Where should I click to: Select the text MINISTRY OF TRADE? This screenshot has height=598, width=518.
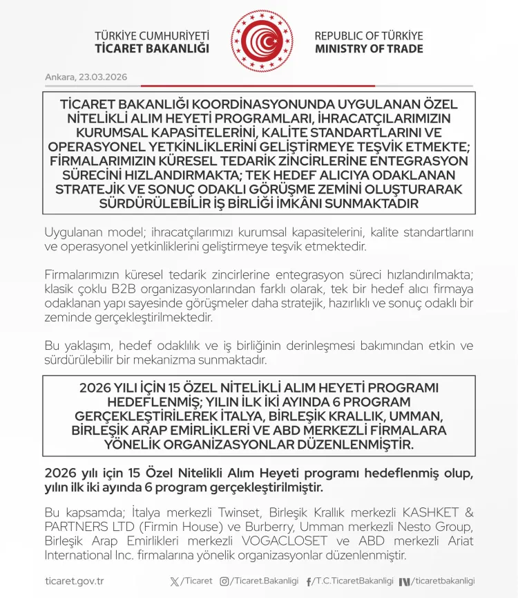(368, 49)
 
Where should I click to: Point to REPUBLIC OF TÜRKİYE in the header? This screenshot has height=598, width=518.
(368, 36)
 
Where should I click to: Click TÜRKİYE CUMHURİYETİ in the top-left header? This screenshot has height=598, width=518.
(152, 36)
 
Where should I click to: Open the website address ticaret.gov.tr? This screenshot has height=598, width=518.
(74, 581)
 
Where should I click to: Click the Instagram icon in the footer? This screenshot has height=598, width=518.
(224, 581)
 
